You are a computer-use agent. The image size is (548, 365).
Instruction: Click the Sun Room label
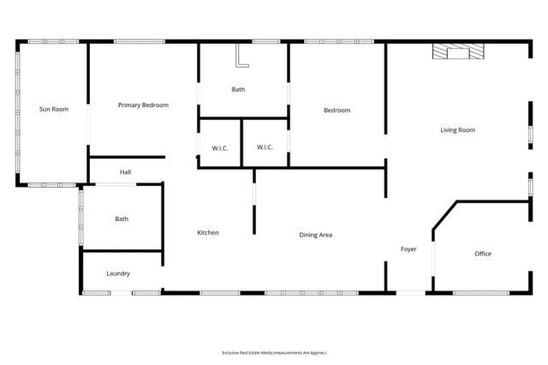point(53,109)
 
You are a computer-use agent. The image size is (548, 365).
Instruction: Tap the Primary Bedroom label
point(143,105)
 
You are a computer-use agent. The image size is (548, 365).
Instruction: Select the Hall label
point(125,172)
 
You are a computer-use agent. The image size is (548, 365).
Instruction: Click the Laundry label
point(118,273)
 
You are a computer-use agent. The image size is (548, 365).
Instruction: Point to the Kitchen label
point(208,233)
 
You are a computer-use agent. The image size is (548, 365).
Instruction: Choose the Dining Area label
point(315,235)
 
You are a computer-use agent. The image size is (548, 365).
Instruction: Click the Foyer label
point(408,249)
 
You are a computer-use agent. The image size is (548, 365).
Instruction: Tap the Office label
point(483,254)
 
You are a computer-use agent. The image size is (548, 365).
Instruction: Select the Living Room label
point(457,130)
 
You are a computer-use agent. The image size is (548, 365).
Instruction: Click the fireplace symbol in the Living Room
point(457,53)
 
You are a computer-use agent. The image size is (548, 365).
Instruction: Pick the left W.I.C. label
point(219,147)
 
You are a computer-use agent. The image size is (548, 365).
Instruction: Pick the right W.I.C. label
point(265,147)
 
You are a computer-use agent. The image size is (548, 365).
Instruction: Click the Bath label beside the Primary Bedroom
point(239,89)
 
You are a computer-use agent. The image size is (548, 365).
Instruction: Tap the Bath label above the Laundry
point(122,218)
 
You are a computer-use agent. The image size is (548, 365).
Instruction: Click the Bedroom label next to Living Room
point(336,110)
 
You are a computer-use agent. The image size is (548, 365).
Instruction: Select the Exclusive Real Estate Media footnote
point(274,352)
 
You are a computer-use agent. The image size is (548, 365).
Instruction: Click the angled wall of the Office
point(444,215)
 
